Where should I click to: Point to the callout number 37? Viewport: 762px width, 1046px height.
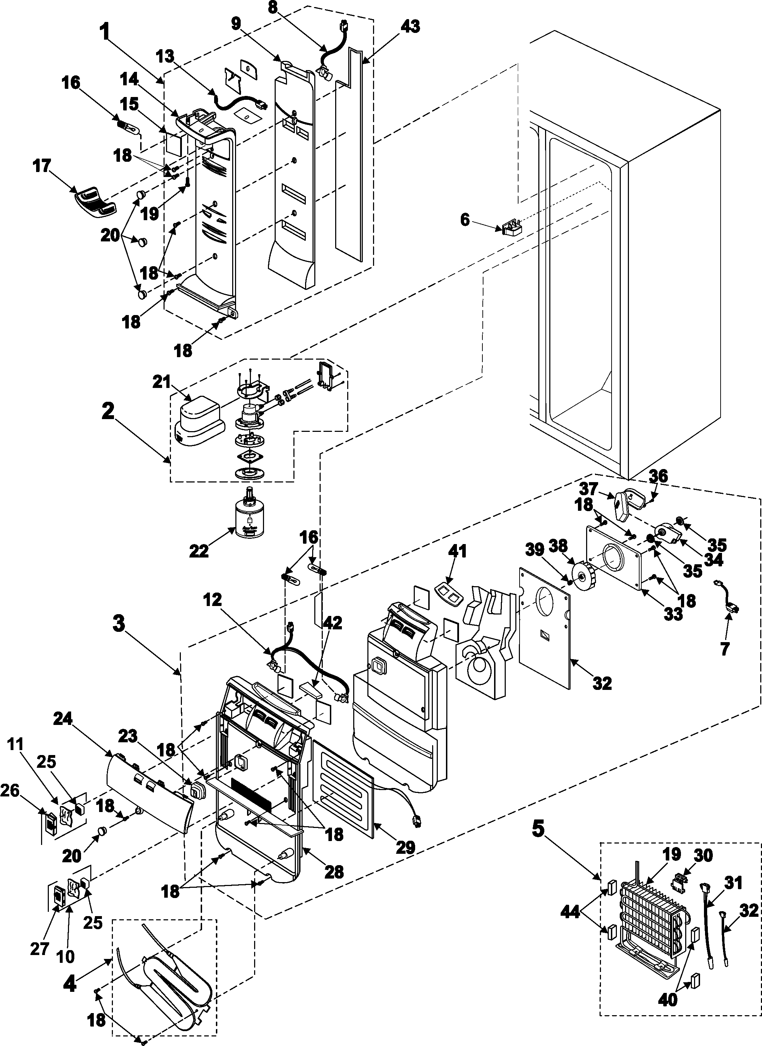pos(589,488)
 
